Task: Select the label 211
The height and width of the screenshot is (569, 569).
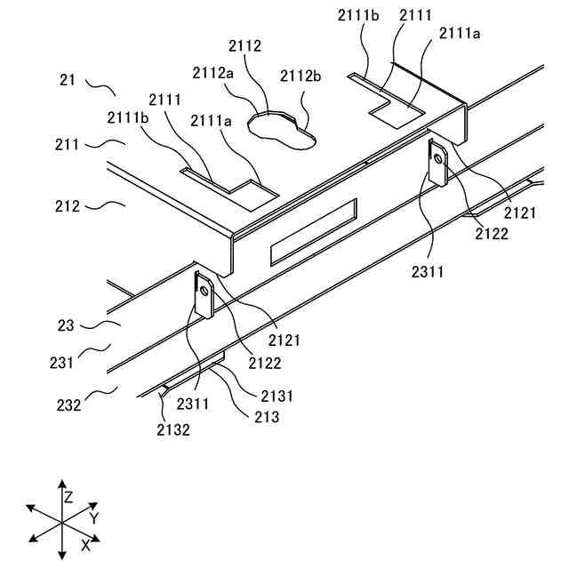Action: click(x=68, y=143)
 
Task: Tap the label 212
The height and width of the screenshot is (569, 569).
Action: click(x=68, y=206)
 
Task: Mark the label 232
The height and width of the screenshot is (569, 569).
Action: click(x=68, y=405)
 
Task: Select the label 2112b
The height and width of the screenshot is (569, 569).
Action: click(x=300, y=76)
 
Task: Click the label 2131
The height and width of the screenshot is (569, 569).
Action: click(x=277, y=395)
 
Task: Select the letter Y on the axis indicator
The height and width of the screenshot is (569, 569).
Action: click(x=93, y=517)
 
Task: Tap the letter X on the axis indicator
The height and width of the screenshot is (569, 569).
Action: click(x=86, y=543)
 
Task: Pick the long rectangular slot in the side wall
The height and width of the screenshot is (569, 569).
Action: click(x=312, y=231)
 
